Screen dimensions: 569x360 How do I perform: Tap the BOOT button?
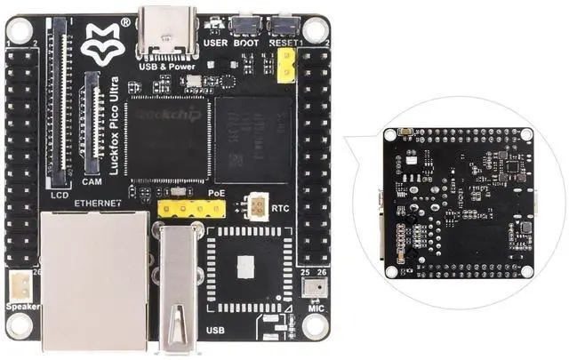click(246, 26)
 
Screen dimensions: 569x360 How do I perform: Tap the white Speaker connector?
click(19, 285)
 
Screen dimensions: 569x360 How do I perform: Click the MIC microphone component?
click(312, 287)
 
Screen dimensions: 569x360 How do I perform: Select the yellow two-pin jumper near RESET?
click(286, 65)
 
